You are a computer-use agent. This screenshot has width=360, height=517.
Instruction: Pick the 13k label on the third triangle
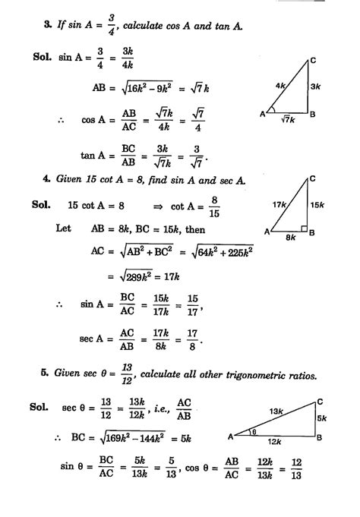(279, 411)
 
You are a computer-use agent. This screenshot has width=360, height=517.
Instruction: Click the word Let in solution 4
(63, 228)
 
